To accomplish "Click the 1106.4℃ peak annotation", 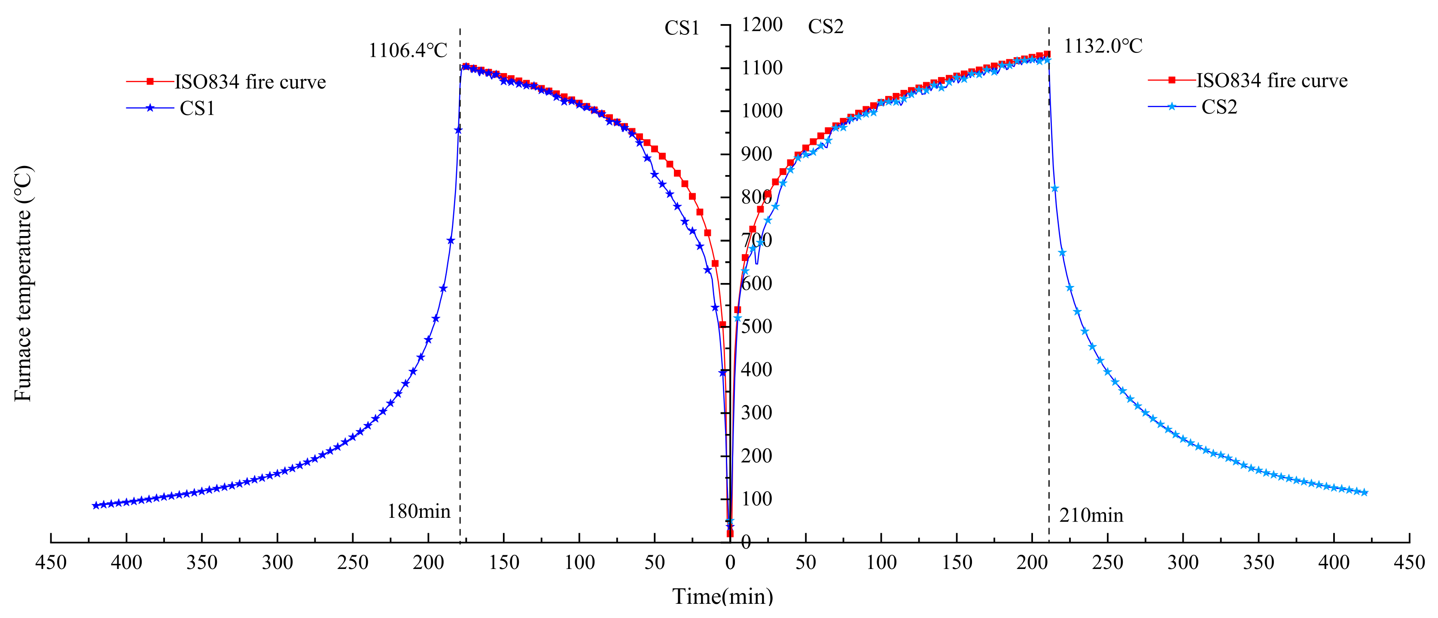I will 408,51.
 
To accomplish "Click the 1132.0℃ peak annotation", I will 1103,46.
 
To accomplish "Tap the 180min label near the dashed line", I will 419,511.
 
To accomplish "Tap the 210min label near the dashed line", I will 1091,515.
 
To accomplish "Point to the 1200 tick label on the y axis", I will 762,25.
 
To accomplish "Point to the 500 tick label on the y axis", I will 756,326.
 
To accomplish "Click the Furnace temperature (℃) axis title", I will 22,283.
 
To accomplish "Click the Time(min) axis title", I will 722,597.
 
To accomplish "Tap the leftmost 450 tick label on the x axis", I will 51,562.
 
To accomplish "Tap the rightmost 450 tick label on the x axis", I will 1409,562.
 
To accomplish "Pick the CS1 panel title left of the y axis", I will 682,28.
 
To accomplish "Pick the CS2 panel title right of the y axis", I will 826,27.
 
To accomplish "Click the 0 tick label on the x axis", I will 730,563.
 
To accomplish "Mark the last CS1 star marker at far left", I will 95,505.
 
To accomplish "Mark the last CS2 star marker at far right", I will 1364,492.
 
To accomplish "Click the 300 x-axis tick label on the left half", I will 277,562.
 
